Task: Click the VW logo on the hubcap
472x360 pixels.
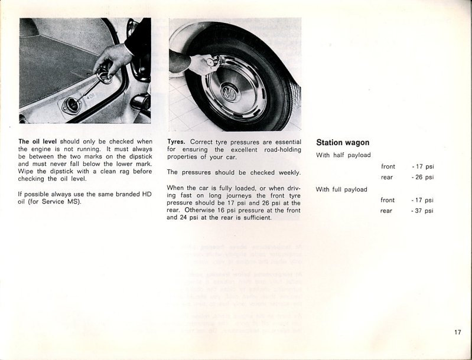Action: tap(228, 93)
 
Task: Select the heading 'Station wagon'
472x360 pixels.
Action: tap(343, 142)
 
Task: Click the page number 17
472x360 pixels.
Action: tap(458, 332)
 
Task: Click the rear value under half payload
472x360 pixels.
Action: tap(422, 177)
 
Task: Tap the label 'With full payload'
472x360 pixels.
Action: tap(341, 189)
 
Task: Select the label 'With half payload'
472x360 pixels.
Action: tap(343, 155)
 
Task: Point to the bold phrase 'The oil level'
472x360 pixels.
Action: tap(37, 142)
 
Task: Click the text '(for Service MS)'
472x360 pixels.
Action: tap(53, 202)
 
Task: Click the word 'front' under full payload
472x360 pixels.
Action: tap(388, 200)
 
